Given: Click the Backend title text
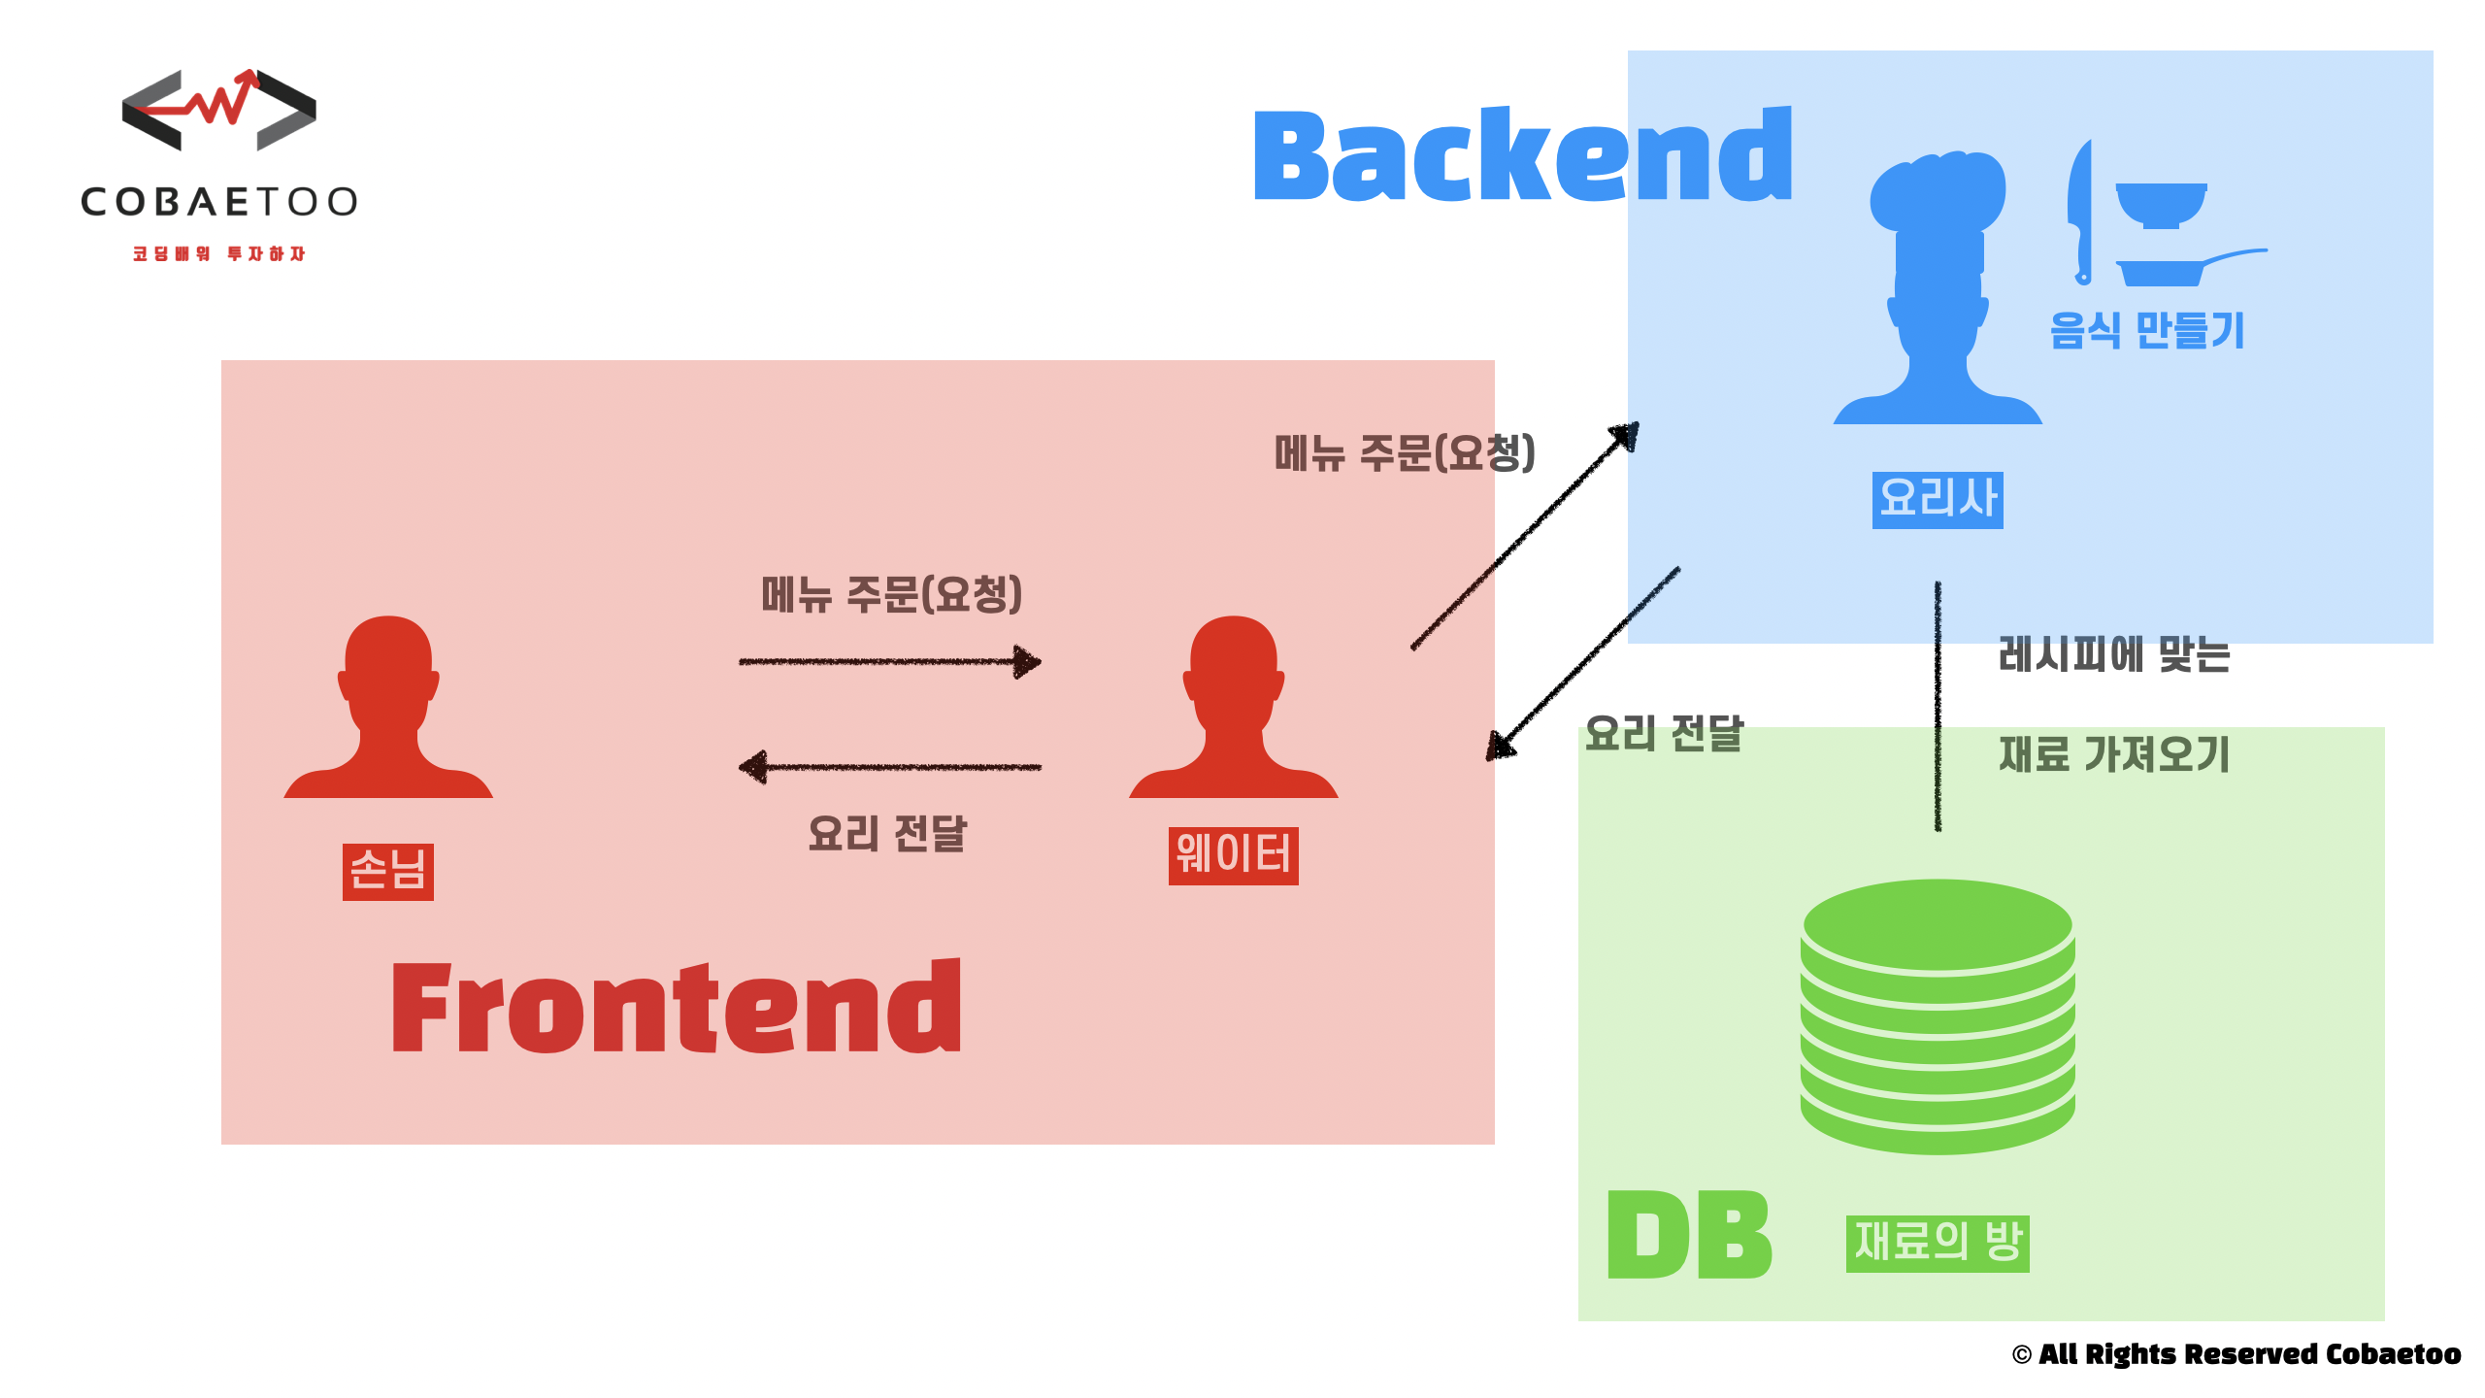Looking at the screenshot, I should click(x=1522, y=155).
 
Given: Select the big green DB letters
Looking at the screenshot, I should click(x=1689, y=1235).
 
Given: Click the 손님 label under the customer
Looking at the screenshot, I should click(x=387, y=871).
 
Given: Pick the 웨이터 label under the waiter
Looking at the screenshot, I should click(x=1233, y=855).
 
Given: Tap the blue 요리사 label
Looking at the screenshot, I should click(x=1938, y=499).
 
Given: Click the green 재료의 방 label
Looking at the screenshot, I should click(x=1938, y=1243).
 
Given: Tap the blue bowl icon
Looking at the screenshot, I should click(x=2161, y=205).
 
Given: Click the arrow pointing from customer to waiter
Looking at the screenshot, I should click(x=889, y=662).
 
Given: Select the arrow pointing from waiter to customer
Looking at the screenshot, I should click(x=889, y=767).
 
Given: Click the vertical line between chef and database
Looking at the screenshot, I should click(x=1938, y=706).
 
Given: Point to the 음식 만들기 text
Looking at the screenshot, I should click(x=2147, y=330).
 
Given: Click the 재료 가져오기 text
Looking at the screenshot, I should click(x=2114, y=754).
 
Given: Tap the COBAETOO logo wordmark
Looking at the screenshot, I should click(x=219, y=202).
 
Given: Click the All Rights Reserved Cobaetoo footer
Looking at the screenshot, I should click(x=2236, y=1354).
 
